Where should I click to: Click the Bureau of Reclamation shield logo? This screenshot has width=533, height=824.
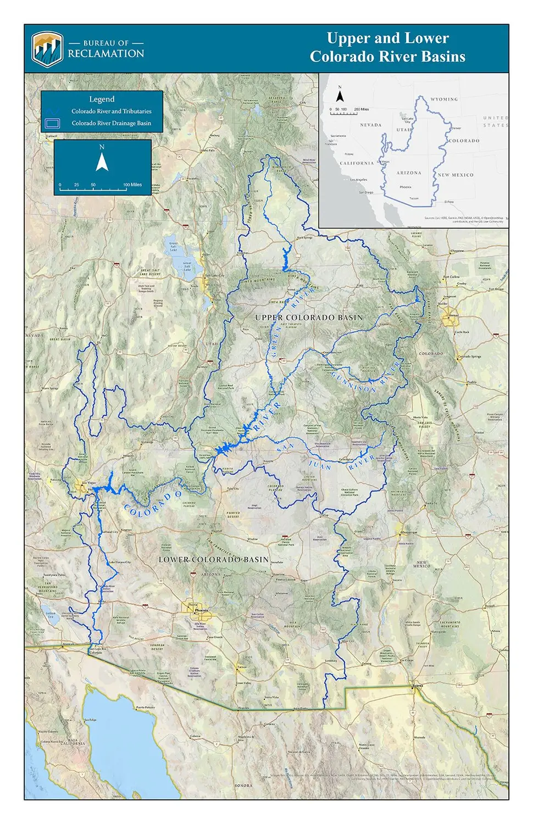point(47,49)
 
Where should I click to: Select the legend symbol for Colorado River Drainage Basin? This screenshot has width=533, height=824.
point(52,123)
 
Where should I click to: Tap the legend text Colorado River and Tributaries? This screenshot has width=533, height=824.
point(111,111)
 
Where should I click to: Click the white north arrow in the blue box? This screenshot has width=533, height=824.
point(102,162)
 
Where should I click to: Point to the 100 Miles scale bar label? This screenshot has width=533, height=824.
point(132,185)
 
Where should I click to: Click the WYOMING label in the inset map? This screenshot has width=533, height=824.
point(443,99)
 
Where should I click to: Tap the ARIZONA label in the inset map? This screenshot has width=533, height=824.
point(409,172)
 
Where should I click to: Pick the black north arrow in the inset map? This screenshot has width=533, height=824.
point(340,97)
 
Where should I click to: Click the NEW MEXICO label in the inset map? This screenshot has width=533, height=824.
point(456,175)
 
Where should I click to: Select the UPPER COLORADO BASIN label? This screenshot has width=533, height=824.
point(309,318)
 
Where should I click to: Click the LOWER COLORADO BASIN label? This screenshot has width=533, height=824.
point(214,559)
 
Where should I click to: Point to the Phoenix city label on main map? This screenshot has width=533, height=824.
point(201,610)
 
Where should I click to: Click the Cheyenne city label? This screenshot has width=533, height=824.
point(457,250)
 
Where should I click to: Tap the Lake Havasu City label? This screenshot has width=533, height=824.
point(119,562)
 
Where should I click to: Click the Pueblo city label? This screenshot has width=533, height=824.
point(471,382)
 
